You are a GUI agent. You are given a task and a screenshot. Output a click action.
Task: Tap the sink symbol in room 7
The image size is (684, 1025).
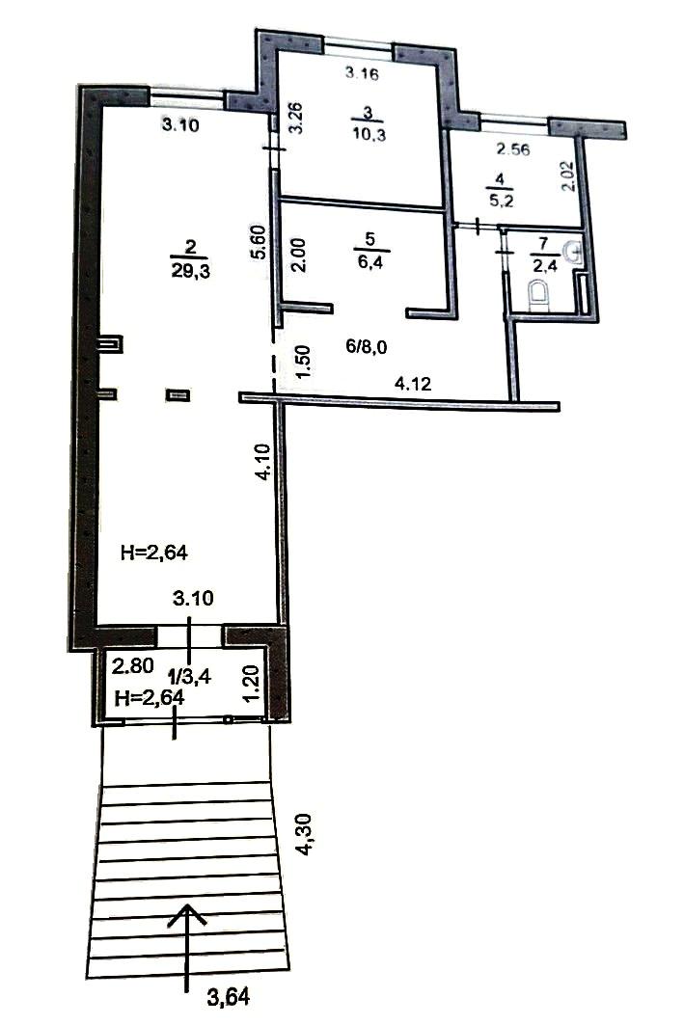pyautogui.click(x=573, y=251)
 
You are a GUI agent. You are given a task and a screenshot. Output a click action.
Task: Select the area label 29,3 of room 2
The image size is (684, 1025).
pyautogui.click(x=191, y=271)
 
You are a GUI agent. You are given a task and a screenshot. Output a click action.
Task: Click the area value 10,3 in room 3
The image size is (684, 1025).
pyautogui.click(x=369, y=135)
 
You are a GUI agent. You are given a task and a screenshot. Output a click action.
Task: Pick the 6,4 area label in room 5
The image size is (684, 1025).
pyautogui.click(x=370, y=263)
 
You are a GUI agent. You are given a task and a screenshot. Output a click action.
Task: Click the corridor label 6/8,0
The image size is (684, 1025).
pyautogui.click(x=367, y=346)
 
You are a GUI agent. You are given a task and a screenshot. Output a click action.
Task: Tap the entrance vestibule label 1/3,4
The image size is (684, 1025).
pyautogui.click(x=190, y=676)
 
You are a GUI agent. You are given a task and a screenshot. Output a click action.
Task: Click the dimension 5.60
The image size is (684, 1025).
pyautogui.click(x=259, y=243)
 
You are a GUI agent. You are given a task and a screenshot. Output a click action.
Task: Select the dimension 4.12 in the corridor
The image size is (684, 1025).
pyautogui.click(x=413, y=384)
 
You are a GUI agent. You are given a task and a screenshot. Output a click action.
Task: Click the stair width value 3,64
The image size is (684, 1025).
pyautogui.click(x=229, y=998)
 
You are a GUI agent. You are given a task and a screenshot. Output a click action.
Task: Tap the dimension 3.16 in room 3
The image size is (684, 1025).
pyautogui.click(x=362, y=73)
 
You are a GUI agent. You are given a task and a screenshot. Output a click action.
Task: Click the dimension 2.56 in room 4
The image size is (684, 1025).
pyautogui.click(x=512, y=149)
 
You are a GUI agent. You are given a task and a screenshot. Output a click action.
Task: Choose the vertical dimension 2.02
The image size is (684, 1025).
pyautogui.click(x=568, y=175)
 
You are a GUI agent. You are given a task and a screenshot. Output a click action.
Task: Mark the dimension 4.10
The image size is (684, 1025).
pyautogui.click(x=262, y=462)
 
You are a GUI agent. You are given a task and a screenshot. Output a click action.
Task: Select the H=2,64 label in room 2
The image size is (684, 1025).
pyautogui.click(x=154, y=553)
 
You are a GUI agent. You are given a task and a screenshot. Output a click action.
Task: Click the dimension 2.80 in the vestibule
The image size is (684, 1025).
pyautogui.click(x=133, y=666)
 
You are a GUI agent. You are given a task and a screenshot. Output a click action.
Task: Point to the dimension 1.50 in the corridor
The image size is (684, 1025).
pyautogui.click(x=303, y=362)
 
